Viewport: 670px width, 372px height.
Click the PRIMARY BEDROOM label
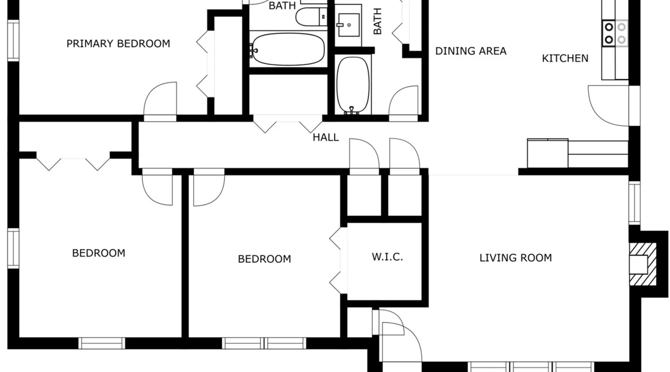coord(118,44)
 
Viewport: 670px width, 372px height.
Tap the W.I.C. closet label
coord(387,257)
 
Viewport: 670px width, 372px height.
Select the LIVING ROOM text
coord(516,258)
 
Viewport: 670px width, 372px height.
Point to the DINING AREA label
coord(471,51)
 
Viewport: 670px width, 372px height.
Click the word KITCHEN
coord(565,58)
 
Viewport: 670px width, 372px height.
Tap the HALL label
coord(326,138)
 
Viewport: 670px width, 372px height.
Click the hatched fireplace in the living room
coord(643,264)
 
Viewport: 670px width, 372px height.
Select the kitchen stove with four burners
coord(615,33)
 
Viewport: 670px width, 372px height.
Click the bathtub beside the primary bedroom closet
coord(287,49)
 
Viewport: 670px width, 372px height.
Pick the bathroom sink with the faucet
coord(348,25)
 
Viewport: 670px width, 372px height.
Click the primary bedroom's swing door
coord(160,99)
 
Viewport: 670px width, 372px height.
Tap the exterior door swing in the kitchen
coord(609,106)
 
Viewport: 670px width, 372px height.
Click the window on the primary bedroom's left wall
coord(13,41)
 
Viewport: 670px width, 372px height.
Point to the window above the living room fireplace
coord(634,203)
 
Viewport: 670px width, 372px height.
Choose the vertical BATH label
coord(377,21)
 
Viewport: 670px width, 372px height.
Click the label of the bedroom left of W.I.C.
coord(264,259)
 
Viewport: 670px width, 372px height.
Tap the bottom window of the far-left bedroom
coord(102,343)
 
